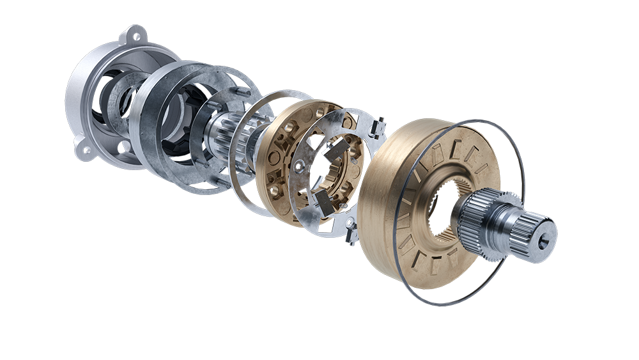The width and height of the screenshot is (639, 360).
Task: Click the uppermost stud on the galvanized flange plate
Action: pyautogui.click(x=245, y=93)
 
